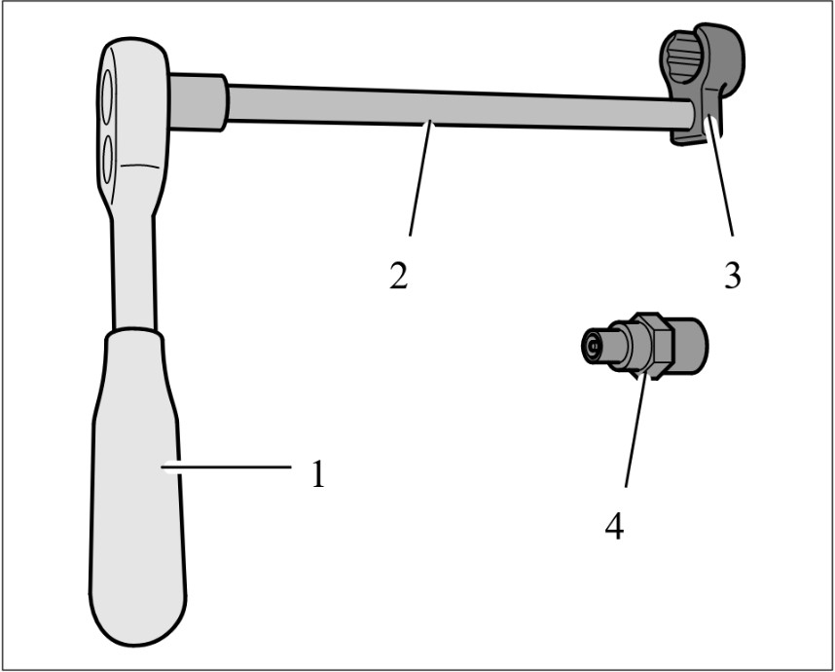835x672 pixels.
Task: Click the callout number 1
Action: (x=318, y=473)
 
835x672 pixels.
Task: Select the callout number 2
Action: (x=399, y=276)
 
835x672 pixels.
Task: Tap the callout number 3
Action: (x=733, y=276)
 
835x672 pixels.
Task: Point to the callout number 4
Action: (x=614, y=526)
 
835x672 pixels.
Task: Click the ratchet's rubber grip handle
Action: (x=137, y=485)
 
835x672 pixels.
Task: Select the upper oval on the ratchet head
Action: (x=107, y=96)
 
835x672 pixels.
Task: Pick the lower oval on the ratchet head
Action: (x=108, y=160)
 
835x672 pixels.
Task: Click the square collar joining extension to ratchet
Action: (x=199, y=102)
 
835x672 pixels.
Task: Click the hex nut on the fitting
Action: (x=650, y=346)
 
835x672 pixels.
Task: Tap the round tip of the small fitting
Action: (x=591, y=347)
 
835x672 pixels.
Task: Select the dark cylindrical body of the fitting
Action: (x=690, y=346)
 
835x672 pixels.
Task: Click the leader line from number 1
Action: (x=227, y=467)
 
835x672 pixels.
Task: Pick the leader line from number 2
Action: (x=419, y=179)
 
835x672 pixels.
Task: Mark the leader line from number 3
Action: (x=720, y=177)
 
